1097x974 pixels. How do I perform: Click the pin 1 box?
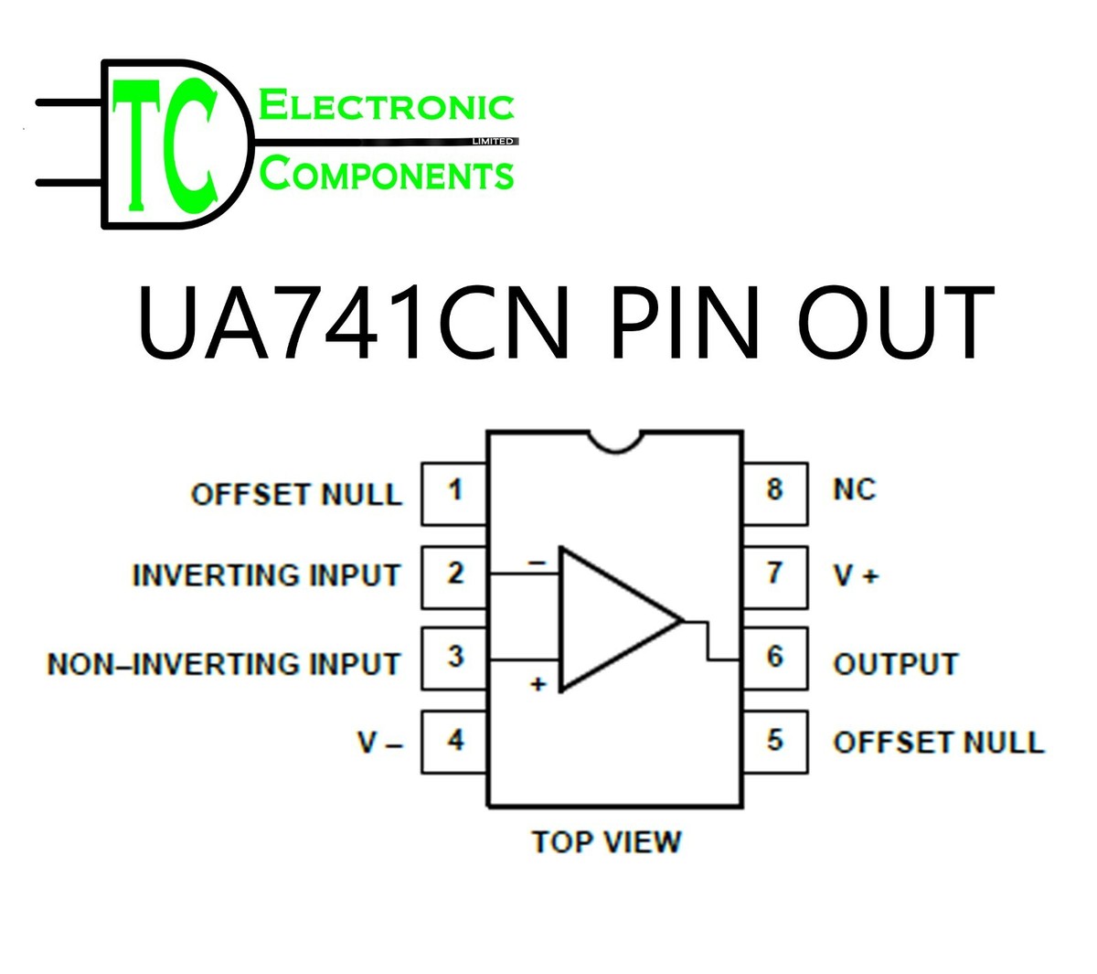453,494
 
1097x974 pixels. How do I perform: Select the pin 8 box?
775,494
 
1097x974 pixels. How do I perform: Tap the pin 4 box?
453,742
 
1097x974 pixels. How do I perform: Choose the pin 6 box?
775,658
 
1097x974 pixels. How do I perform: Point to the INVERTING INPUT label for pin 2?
266,574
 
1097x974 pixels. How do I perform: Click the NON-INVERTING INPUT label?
224,664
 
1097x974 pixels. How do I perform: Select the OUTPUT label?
896,664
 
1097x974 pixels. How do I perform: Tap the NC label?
855,489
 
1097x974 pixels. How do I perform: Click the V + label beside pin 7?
856,574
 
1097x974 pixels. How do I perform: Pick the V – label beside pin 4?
380,742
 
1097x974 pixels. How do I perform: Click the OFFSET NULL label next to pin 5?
939,742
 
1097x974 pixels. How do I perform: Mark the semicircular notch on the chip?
615,442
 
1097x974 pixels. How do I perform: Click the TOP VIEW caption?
606,841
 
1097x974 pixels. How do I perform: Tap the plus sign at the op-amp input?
538,684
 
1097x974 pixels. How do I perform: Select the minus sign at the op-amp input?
538,562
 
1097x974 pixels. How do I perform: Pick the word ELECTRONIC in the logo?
386,106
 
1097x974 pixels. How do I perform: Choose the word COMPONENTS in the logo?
386,174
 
